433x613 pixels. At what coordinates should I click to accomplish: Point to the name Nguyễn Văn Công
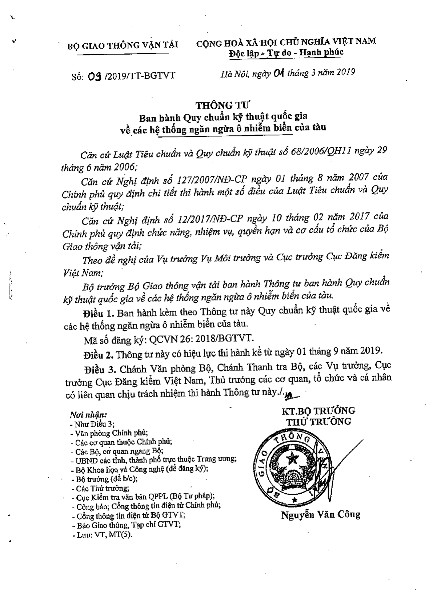tap(320, 514)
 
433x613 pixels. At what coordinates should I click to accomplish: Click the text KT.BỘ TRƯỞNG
tap(318, 410)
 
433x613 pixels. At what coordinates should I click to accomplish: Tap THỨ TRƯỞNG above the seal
tap(318, 422)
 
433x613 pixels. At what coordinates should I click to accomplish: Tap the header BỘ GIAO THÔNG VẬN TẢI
tap(123, 45)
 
